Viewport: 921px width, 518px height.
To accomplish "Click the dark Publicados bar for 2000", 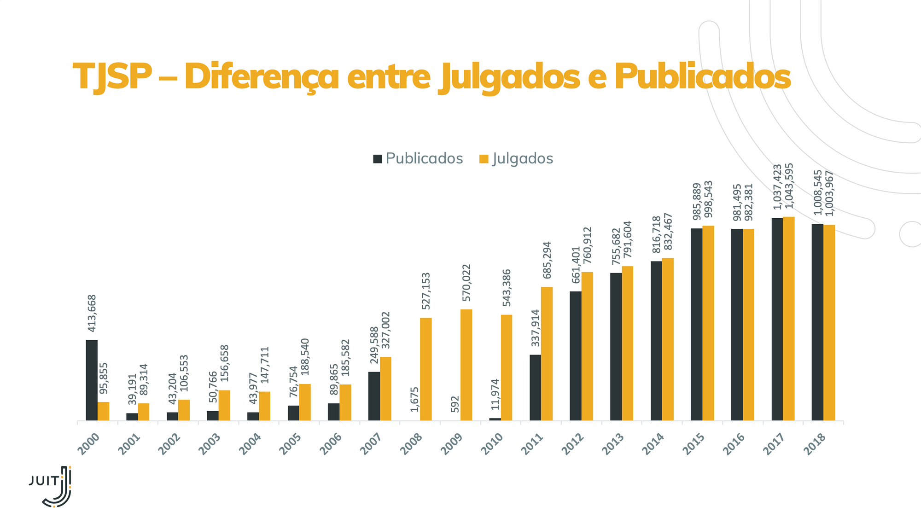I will pos(92,380).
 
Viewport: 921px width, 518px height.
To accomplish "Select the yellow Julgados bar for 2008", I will pos(426,369).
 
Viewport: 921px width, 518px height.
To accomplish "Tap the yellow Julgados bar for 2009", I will pos(466,365).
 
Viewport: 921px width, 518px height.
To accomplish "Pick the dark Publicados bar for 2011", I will pos(535,387).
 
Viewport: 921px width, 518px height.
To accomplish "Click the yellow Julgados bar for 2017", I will pos(789,318).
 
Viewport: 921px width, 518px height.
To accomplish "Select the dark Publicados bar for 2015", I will pos(696,324).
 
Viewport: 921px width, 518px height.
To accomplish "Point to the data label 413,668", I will pos(92,313).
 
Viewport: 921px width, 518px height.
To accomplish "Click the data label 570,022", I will pos(466,282).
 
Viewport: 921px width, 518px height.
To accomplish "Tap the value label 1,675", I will pos(414,399).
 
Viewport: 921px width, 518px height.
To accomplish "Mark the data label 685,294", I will pos(547,260).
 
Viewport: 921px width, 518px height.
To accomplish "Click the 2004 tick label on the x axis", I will pos(253,443).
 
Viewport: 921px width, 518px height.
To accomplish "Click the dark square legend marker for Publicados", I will pos(378,159).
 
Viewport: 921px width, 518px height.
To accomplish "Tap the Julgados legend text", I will pos(523,158).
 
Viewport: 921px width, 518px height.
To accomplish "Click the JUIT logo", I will pos(51,486).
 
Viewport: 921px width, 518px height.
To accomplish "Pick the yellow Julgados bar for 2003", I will pos(224,405).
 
